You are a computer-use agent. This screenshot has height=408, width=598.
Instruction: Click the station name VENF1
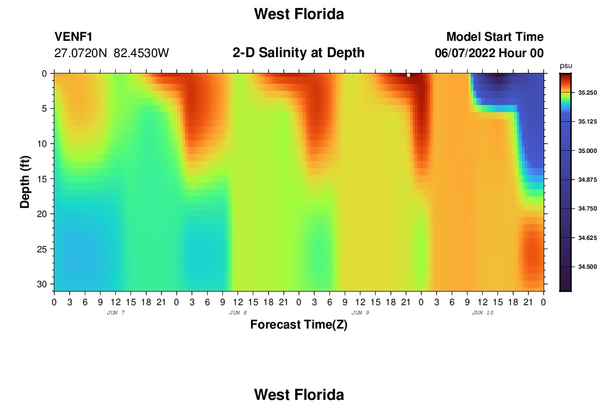click(x=73, y=36)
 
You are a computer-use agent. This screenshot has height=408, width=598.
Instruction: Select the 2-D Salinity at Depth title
click(x=298, y=53)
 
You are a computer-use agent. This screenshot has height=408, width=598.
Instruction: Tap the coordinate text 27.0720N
click(x=80, y=53)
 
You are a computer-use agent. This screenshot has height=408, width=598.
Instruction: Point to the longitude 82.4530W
click(x=141, y=53)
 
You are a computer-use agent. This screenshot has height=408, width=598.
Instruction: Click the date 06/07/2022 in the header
click(x=465, y=53)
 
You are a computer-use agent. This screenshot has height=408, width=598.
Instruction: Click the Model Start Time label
click(x=495, y=36)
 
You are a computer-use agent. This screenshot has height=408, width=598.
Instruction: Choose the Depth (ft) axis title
click(x=25, y=182)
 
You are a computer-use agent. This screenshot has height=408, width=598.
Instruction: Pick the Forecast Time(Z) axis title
click(x=298, y=324)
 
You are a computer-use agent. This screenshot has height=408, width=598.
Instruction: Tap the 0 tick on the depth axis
click(x=44, y=73)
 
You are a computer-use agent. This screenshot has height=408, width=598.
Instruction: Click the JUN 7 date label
click(x=116, y=313)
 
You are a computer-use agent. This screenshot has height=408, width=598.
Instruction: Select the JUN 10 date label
click(x=483, y=313)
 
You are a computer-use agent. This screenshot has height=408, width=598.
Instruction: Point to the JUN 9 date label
click(x=360, y=313)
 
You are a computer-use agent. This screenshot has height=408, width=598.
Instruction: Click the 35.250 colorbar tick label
click(x=587, y=92)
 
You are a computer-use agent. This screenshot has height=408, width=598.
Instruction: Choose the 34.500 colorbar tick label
click(x=587, y=267)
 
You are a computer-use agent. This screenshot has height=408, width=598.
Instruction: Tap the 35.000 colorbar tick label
click(x=587, y=151)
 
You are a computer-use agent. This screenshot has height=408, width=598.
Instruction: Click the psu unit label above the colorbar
click(x=566, y=66)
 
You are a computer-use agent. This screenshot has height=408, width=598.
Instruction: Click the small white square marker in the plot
click(x=408, y=75)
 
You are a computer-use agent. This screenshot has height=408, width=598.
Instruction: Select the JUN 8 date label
click(x=238, y=313)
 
